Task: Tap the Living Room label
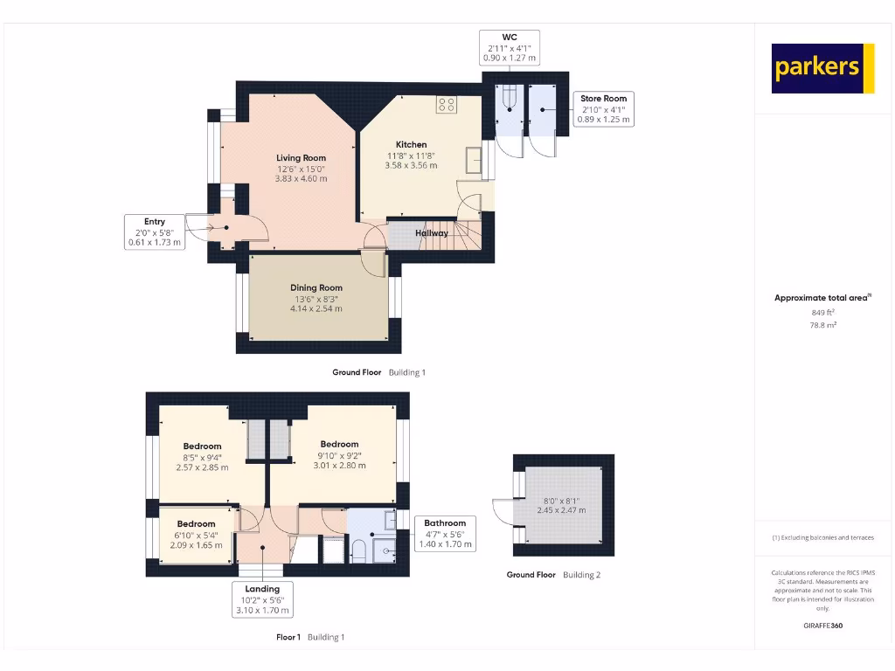(x=302, y=158)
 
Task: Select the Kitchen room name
(x=411, y=145)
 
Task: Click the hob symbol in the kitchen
(x=447, y=105)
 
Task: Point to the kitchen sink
(x=475, y=161)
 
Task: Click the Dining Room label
(x=316, y=287)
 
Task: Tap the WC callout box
(x=510, y=47)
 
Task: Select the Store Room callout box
(x=604, y=109)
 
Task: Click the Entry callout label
(x=155, y=232)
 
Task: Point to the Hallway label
(x=432, y=233)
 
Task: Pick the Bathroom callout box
(x=445, y=533)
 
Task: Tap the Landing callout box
(x=262, y=600)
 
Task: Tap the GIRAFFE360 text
(x=823, y=626)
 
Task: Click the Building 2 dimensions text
(x=561, y=506)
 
